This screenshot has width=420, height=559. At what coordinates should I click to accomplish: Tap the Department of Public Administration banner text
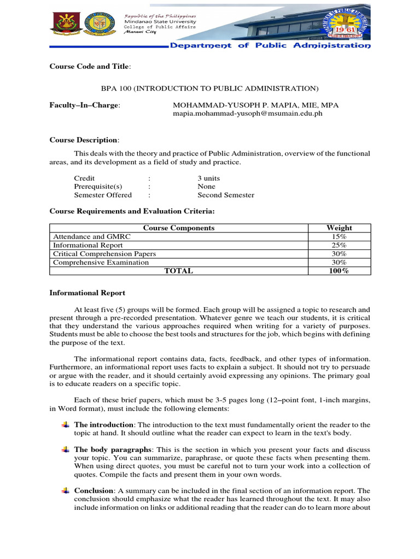pyautogui.click(x=270, y=45)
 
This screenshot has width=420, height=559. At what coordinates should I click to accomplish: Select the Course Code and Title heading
pyautogui.click(x=90, y=67)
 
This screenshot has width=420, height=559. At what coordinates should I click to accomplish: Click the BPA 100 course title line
pyautogui.click(x=209, y=88)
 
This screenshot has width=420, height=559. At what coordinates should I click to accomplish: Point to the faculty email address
pyautogui.click(x=248, y=114)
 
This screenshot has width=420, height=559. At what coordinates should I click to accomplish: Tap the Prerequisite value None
pyautogui.click(x=206, y=187)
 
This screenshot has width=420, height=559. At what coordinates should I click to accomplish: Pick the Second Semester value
pyautogui.click(x=225, y=195)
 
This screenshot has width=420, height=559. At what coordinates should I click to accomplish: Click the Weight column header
pyautogui.click(x=339, y=228)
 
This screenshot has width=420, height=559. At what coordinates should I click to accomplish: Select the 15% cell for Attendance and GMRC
pyautogui.click(x=339, y=236)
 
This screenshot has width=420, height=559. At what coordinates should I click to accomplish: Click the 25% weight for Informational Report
pyautogui.click(x=339, y=245)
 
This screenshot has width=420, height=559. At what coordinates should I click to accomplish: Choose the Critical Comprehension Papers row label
pyautogui.click(x=104, y=254)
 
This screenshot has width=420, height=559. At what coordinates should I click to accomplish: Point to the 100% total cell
pyautogui.click(x=339, y=271)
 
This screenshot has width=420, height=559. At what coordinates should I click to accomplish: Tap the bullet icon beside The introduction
pyautogui.click(x=65, y=425)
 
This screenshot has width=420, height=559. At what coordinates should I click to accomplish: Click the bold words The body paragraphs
pyautogui.click(x=104, y=449)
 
